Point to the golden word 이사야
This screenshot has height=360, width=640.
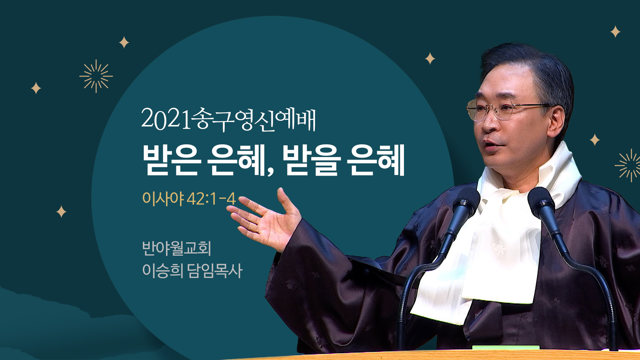pyautogui.click(x=163, y=198)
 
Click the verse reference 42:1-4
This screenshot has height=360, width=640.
pyautogui.click(x=211, y=199)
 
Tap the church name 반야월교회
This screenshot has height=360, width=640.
pyautogui.click(x=177, y=248)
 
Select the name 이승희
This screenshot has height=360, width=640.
pyautogui.click(x=163, y=270)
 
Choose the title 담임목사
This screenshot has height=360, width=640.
pyautogui.click(x=215, y=270)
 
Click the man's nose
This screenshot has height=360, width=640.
pyautogui.click(x=490, y=124)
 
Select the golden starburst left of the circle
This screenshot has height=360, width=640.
pyautogui.click(x=96, y=76)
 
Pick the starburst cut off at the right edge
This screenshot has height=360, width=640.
pyautogui.click(x=628, y=165)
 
